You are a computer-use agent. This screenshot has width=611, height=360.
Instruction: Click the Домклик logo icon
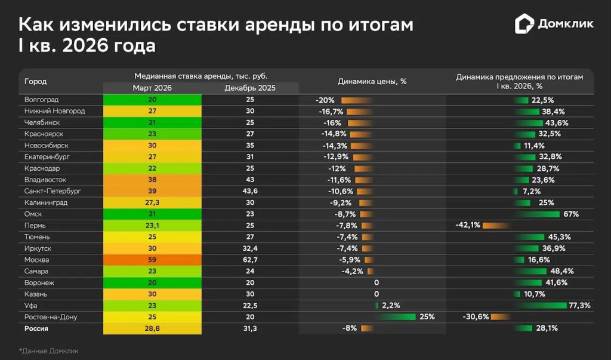(524, 24)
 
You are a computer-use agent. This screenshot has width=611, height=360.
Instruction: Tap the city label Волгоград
(41, 100)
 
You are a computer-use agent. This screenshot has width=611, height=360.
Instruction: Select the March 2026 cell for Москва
(152, 260)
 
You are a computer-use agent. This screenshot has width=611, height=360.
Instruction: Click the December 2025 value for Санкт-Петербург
(250, 191)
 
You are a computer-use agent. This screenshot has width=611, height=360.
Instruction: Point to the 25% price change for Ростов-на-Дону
(427, 317)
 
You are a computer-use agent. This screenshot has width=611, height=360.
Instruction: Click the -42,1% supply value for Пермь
(467, 225)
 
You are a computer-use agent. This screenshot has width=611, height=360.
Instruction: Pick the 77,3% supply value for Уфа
(579, 306)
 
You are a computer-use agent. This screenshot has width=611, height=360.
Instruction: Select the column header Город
(35, 82)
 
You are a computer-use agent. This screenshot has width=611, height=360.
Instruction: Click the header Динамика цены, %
(372, 82)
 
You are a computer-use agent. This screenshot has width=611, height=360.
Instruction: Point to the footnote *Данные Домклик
(48, 350)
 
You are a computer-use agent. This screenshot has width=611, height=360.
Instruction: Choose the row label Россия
(36, 328)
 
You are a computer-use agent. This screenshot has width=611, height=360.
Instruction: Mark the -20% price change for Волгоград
(325, 100)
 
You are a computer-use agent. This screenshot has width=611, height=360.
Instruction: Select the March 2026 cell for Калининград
(152, 202)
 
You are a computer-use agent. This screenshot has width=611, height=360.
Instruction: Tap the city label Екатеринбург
(47, 156)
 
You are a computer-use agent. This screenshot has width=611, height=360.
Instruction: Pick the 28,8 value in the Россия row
(152, 328)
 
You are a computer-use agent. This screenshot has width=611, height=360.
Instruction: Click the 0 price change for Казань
(377, 294)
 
